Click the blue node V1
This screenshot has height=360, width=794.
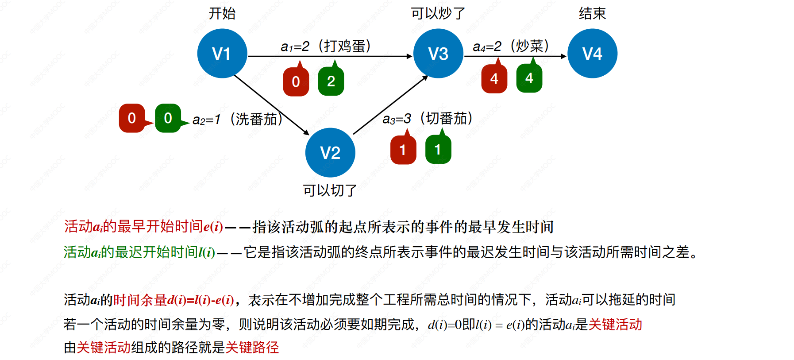222,54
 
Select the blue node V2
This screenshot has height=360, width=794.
330,153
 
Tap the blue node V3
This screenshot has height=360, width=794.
438,54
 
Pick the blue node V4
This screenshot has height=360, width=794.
592,54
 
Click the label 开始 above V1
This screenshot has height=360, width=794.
222,13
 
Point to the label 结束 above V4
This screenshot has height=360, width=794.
592,13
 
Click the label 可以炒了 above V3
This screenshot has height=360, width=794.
438,13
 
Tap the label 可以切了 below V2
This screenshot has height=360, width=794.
330,190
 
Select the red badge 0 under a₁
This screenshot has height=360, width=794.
296,81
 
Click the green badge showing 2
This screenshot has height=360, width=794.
331,81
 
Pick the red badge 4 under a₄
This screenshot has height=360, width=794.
494,78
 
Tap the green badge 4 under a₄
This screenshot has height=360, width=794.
529,78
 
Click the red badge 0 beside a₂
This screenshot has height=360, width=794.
132,118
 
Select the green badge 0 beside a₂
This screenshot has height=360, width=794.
168,118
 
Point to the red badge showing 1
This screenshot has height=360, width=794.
403,150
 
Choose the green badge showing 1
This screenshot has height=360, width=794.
438,149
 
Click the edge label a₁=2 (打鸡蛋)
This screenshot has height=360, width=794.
326,46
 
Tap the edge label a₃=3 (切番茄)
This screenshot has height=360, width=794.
428,118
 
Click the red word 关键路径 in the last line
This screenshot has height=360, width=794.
252,347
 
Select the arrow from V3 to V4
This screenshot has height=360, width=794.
515,56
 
